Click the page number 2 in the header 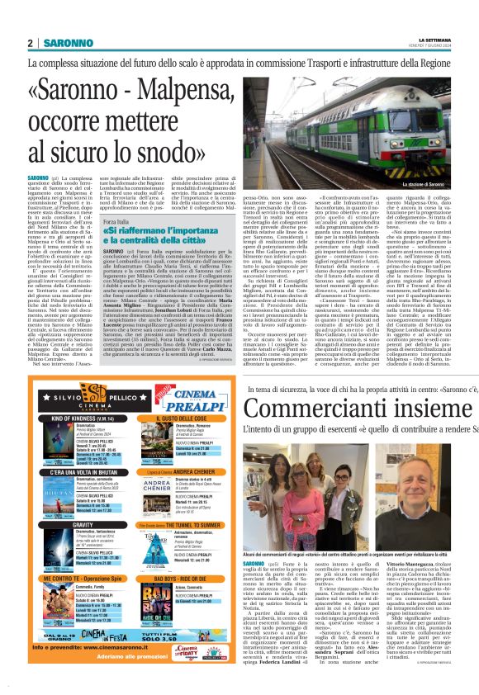(31, 43)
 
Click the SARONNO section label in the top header (68, 43)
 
